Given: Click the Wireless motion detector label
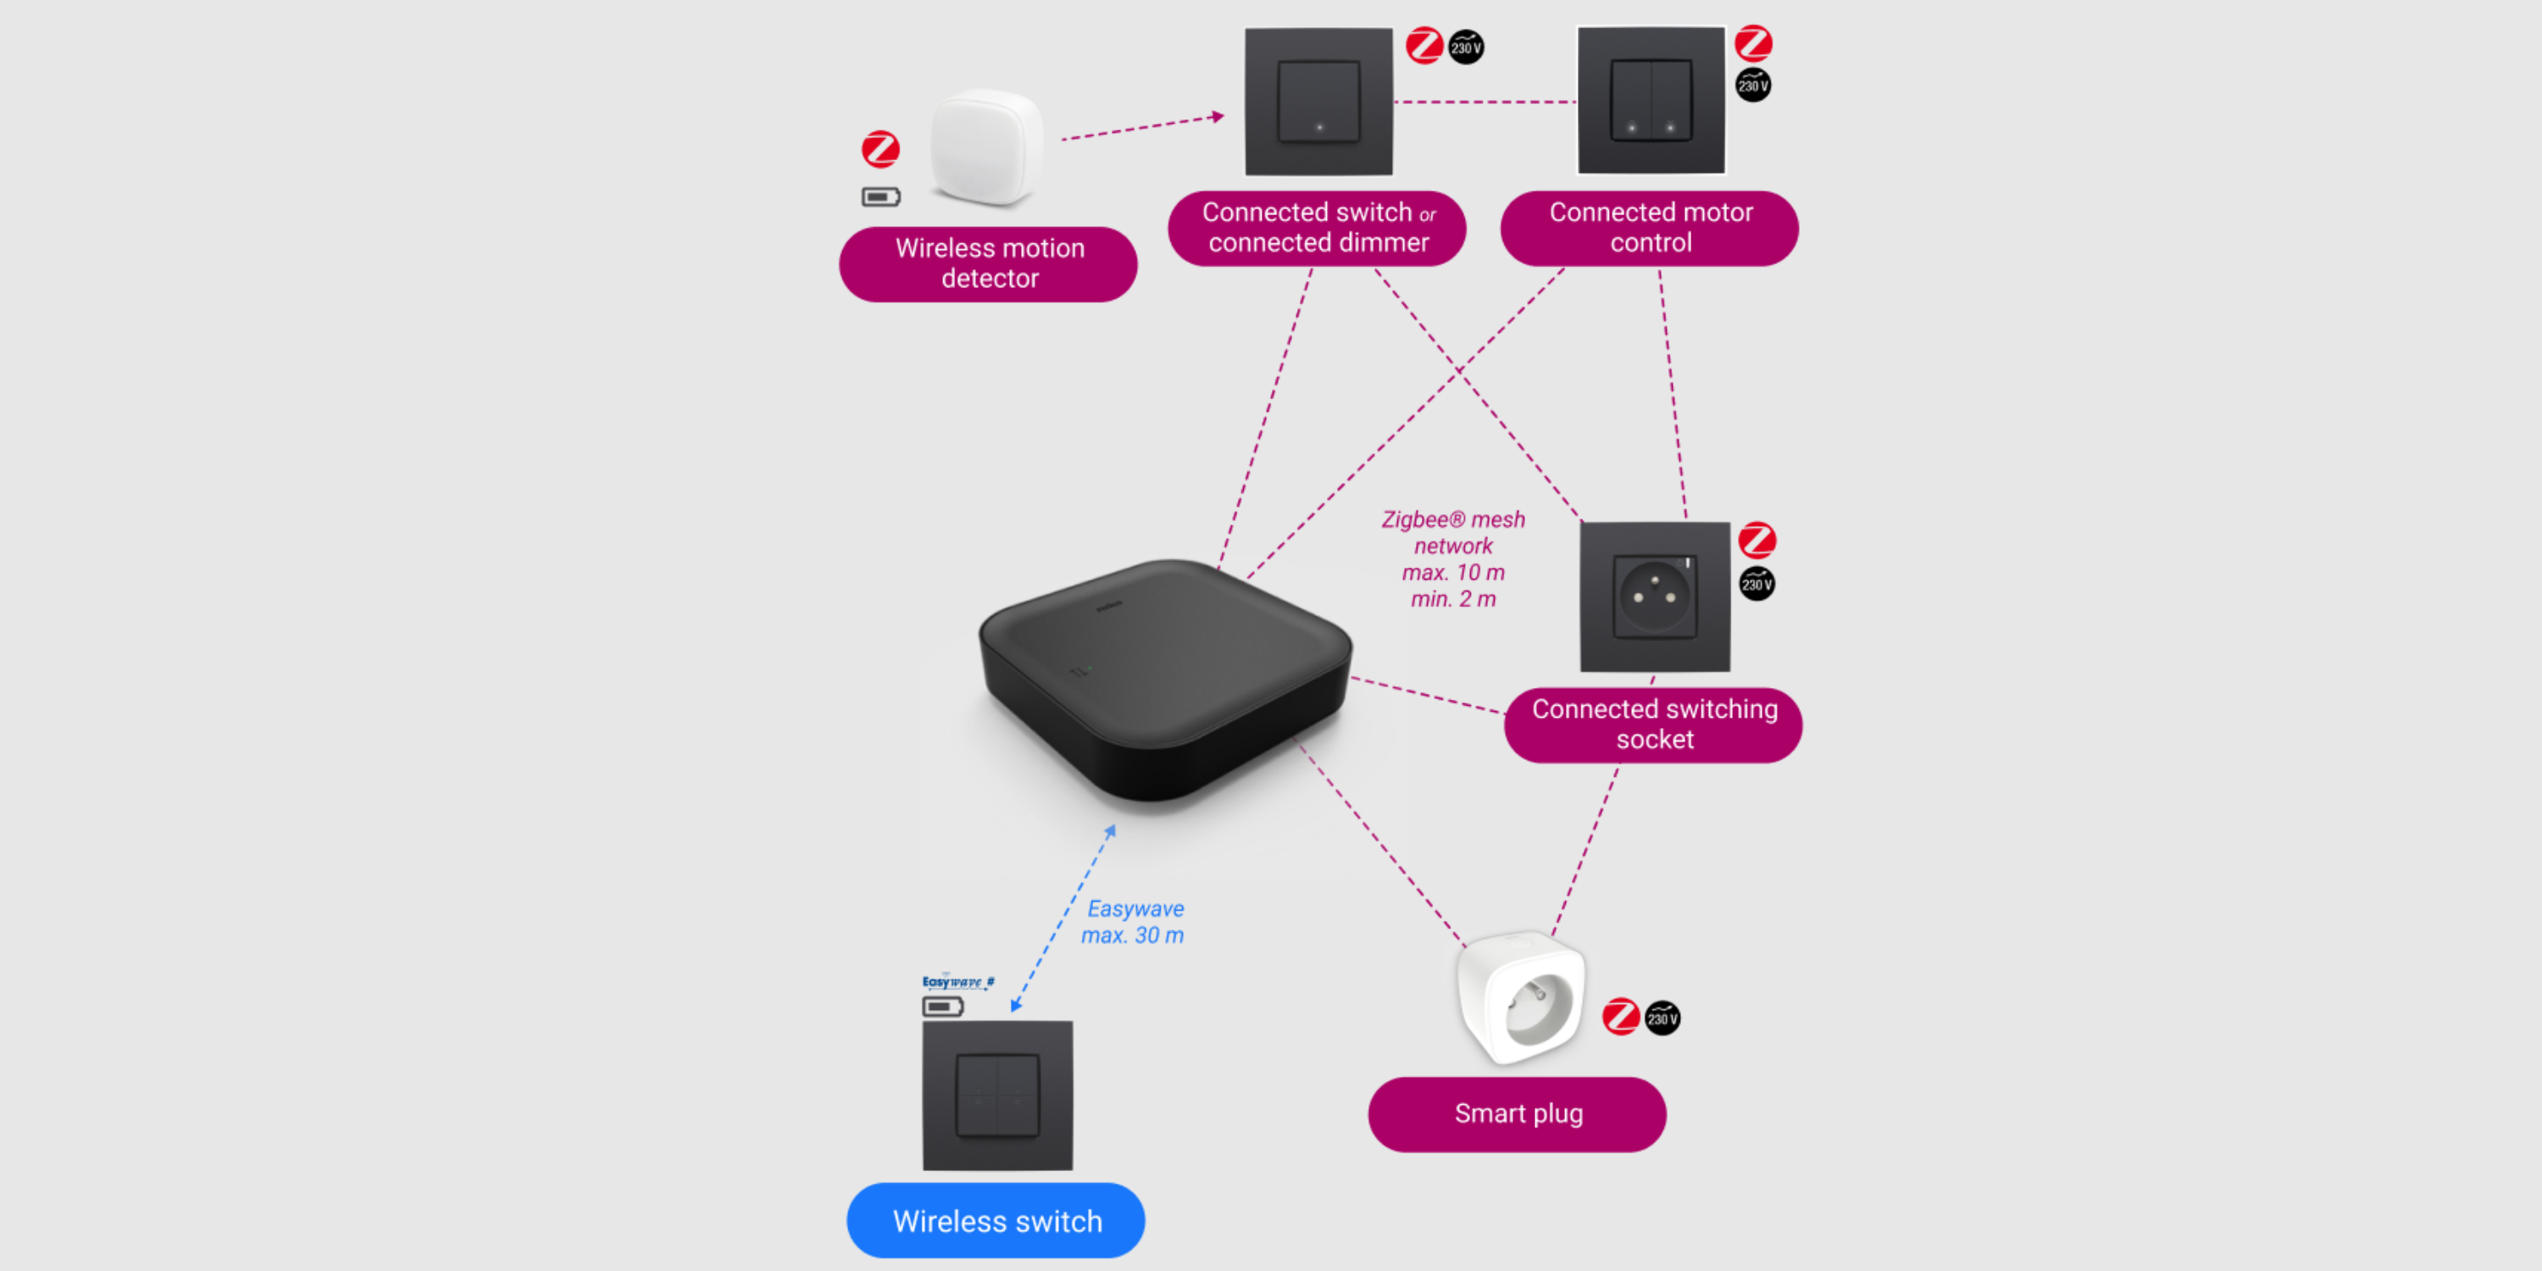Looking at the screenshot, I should coord(988,264).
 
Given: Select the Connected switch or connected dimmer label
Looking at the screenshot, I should coord(1317,227).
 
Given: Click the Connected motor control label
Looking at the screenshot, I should coord(1649,227).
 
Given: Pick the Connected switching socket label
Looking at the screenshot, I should coord(1653,724).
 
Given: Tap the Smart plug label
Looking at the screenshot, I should coord(1517,1114).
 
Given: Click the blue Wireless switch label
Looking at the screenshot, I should coord(996,1221).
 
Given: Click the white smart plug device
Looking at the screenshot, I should coord(1521,996).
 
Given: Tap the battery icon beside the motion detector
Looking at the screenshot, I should coord(880,197).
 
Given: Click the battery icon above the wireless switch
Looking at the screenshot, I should coord(942,1007).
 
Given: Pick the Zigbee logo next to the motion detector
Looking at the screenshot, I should coord(880,149).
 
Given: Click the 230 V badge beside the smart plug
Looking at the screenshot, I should coord(1662,1018).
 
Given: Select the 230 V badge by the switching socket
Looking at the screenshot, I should coord(1757,584).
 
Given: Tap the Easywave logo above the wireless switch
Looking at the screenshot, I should coord(957,982).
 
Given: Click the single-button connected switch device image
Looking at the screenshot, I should coord(1318,102).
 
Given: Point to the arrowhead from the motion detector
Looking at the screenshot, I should coord(1218,116).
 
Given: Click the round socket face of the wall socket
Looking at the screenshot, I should coord(1655,595).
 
